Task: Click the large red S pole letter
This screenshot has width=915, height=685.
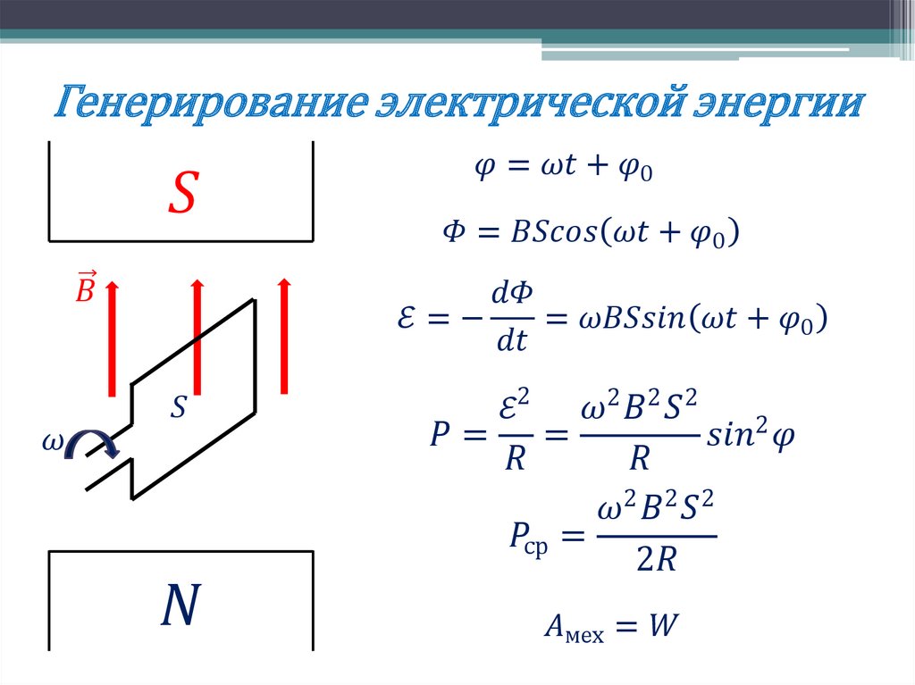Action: coord(182,194)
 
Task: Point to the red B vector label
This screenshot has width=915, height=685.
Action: coord(85,287)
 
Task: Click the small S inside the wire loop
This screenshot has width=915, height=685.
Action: coord(179,407)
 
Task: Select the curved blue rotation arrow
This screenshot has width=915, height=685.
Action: coord(92,443)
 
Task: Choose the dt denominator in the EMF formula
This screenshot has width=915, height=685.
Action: coord(509,340)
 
